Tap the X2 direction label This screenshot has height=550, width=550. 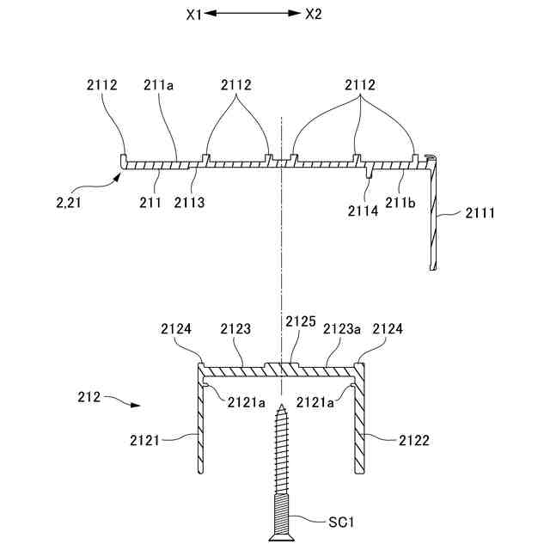click(315, 14)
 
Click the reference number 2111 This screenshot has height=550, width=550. click(480, 211)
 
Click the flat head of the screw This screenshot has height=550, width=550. click(279, 537)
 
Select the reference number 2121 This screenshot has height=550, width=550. click(149, 440)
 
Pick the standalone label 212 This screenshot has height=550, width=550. click(89, 397)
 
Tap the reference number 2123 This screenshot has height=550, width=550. click(235, 328)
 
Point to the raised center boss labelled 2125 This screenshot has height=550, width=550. click(280, 369)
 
